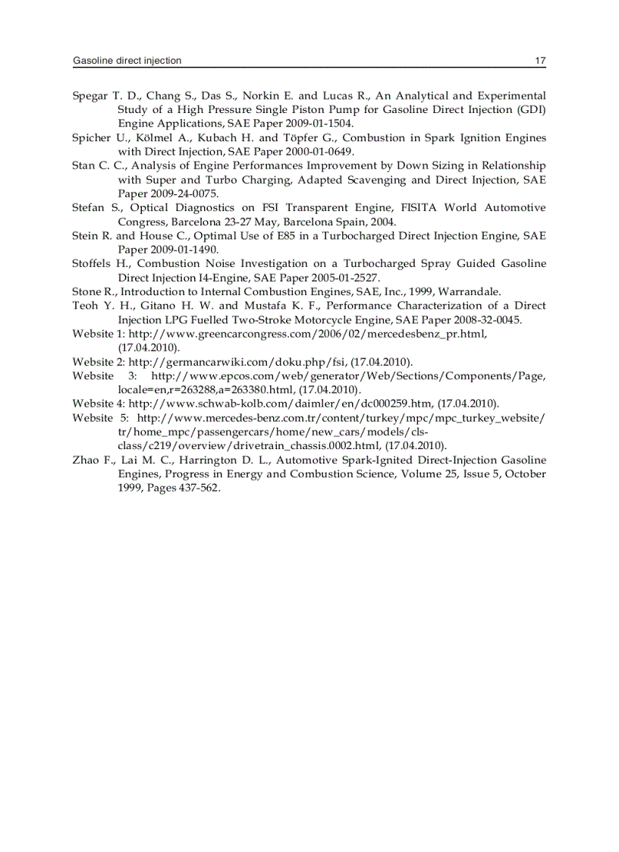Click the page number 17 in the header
point(540,61)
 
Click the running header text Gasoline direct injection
point(127,61)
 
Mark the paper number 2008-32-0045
point(485,319)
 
